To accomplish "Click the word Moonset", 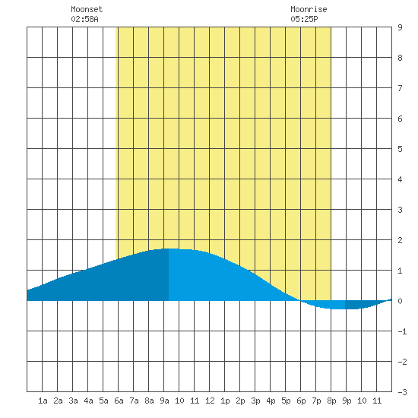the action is [87, 10].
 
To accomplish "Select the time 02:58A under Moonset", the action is [84, 19].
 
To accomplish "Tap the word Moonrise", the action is [309, 10].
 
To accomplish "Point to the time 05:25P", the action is [304, 19].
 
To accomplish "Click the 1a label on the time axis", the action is [43, 401].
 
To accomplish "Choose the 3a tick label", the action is [73, 401].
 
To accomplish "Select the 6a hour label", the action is [119, 401].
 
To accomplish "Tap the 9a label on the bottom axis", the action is [164, 401].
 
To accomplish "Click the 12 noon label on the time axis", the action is [210, 401].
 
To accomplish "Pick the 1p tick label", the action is [225, 401].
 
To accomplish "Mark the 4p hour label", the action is [271, 401].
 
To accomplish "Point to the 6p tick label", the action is [301, 401].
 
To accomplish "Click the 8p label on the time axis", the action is [331, 401].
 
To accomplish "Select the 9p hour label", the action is [347, 401].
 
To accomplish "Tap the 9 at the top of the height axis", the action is [400, 27].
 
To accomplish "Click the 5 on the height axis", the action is [400, 149].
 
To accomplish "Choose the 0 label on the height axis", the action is [400, 301].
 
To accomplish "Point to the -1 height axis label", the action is [402, 331].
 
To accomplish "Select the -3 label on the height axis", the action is [402, 392].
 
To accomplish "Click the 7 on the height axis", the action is [400, 88].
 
